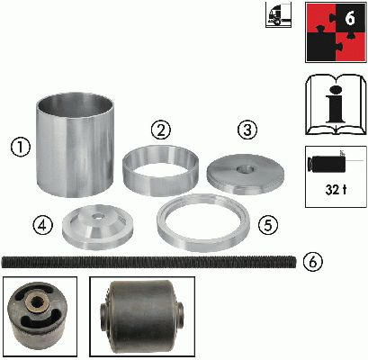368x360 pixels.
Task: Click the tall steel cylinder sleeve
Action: (75, 145)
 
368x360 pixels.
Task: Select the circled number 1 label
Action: (21, 148)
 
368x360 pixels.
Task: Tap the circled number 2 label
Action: (161, 130)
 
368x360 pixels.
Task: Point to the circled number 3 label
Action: (247, 130)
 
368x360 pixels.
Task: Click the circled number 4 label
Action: (42, 226)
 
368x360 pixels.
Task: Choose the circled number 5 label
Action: (268, 226)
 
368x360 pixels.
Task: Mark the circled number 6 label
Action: (312, 262)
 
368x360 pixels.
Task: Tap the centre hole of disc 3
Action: (246, 170)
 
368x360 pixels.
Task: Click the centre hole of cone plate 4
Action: (97, 216)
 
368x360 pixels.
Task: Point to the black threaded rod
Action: (148, 262)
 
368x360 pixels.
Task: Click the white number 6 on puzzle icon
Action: (349, 18)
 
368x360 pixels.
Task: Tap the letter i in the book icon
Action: (336, 104)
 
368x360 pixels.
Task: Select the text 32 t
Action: (336, 190)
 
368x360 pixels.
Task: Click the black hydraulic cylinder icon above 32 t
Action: (327, 164)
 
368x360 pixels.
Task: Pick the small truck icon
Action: (278, 15)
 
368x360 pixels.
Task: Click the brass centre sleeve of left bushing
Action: (36, 301)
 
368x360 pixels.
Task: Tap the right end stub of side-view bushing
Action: (181, 315)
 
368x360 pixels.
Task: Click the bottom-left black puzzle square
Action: (320, 47)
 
